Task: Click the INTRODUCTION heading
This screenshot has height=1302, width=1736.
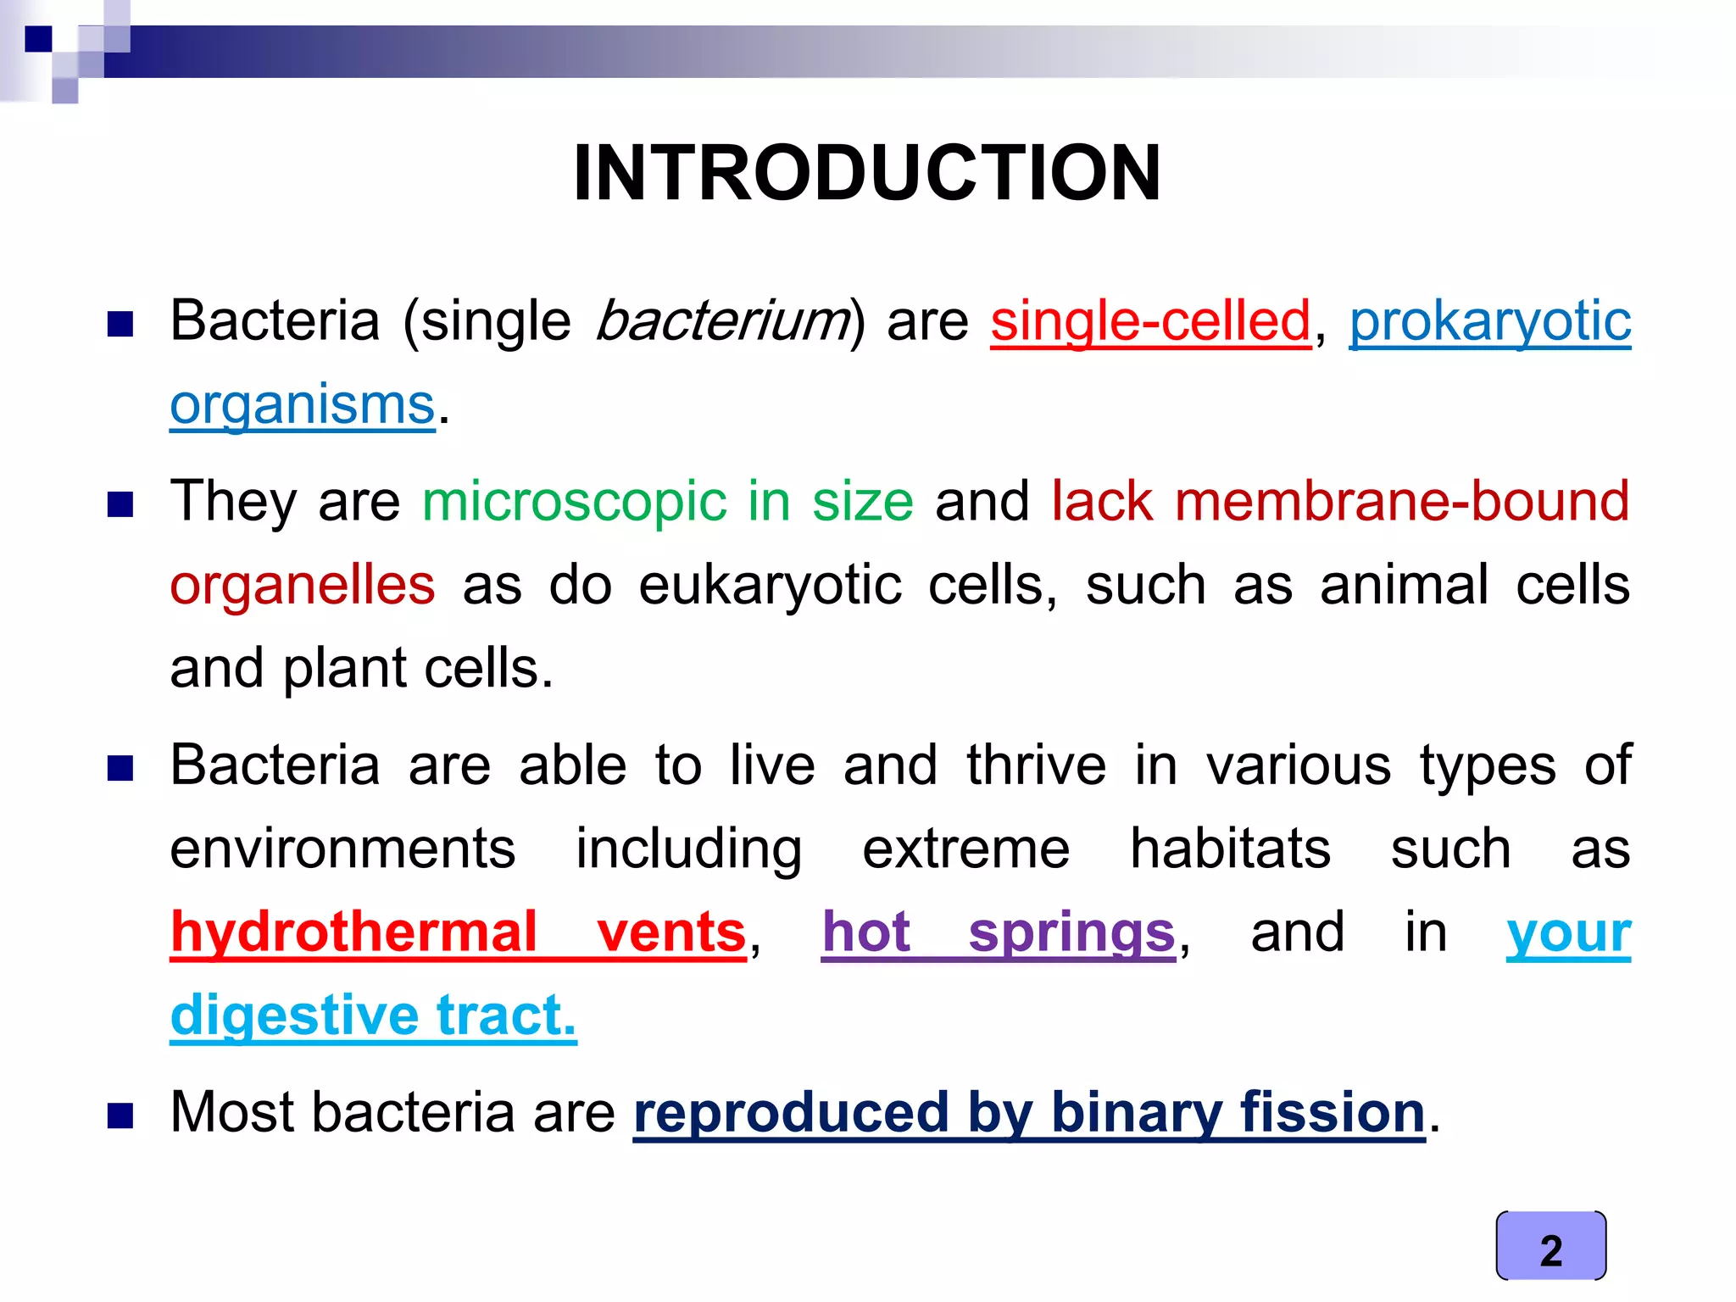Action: pyautogui.click(x=866, y=173)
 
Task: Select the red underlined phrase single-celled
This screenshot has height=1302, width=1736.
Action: pyautogui.click(x=1150, y=321)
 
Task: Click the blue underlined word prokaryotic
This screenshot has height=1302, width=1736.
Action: pyautogui.click(x=1489, y=321)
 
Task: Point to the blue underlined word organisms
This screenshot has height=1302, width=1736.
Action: pyautogui.click(x=302, y=404)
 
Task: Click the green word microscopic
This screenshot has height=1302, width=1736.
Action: pyautogui.click(x=574, y=500)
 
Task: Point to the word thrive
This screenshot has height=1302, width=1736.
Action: pyautogui.click(x=1036, y=765)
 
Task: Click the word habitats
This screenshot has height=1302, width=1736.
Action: pyautogui.click(x=1230, y=848)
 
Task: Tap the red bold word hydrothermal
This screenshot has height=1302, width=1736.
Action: pyautogui.click(x=353, y=932)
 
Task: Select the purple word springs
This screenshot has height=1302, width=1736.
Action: pyautogui.click(x=1071, y=932)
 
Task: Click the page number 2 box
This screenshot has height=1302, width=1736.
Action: pyautogui.click(x=1550, y=1245)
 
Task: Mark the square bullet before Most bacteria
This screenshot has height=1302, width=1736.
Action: pyautogui.click(x=120, y=1116)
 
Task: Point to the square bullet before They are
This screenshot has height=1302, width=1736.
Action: pyautogui.click(x=120, y=504)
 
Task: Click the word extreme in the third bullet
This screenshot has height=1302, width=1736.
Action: pyautogui.click(x=965, y=848)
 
